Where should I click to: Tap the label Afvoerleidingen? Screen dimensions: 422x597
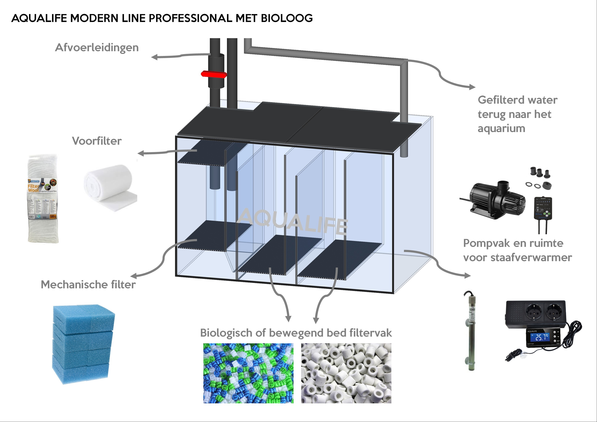97,48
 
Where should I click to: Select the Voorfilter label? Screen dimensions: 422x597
97,141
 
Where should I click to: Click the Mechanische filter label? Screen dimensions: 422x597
88,285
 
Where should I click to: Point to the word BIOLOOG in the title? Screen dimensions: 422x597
287,18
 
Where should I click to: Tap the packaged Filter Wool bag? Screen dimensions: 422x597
43,199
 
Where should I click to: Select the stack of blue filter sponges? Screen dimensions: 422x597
83,343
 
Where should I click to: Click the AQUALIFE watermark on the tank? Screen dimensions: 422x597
293,221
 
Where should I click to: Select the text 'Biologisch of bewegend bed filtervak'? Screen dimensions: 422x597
296,333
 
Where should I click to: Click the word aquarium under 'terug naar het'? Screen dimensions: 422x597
501,129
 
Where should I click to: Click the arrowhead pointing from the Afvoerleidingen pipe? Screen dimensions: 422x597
154,57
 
